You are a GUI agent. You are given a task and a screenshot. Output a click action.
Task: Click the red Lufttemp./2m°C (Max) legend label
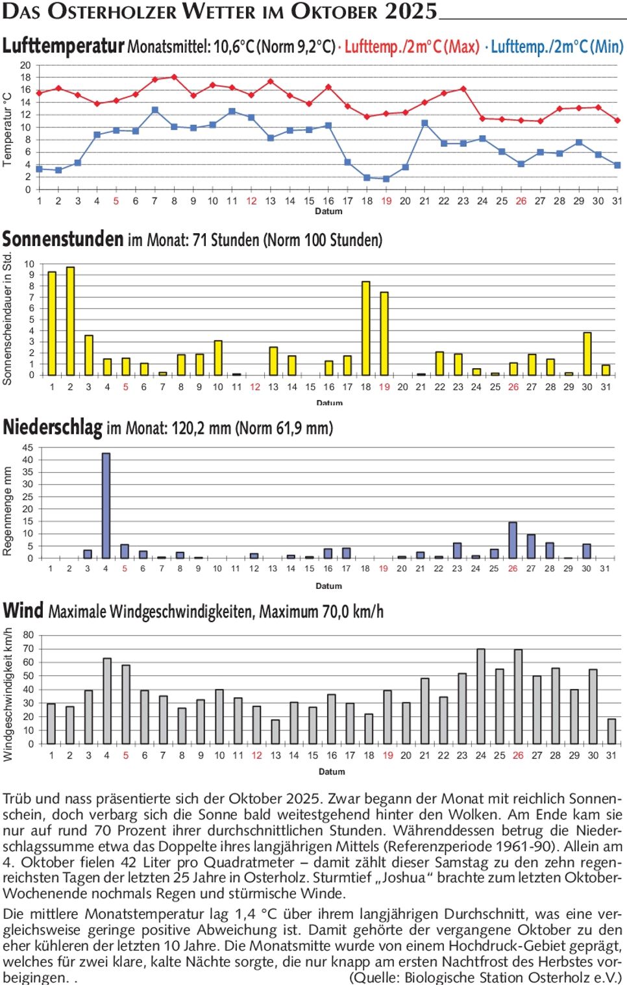(412, 47)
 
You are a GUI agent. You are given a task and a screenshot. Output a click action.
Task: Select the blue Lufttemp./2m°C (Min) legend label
(557, 47)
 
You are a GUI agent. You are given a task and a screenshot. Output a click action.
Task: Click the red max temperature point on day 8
(174, 77)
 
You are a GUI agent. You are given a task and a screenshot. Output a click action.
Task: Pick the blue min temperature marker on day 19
(386, 179)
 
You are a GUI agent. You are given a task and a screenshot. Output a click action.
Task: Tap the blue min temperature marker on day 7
(154, 110)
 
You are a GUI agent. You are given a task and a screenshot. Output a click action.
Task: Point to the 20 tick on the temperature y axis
(25, 65)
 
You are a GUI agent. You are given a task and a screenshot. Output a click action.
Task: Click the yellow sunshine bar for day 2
(70, 321)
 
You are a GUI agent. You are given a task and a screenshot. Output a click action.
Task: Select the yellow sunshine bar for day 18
(366, 329)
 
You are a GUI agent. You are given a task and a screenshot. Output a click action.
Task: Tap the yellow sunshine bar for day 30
(587, 354)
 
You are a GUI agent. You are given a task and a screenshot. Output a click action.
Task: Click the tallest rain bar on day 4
(106, 506)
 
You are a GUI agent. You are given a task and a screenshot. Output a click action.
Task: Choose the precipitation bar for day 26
(513, 540)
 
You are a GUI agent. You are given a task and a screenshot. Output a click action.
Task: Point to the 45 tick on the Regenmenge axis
(27, 447)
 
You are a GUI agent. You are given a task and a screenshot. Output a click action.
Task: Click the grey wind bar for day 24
(481, 697)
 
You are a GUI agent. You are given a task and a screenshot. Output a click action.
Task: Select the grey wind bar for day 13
(276, 732)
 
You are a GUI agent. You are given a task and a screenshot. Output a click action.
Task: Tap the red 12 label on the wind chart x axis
(257, 755)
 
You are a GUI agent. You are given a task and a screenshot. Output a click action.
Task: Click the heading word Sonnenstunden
(63, 240)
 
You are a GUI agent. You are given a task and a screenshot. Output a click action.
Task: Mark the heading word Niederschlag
(53, 428)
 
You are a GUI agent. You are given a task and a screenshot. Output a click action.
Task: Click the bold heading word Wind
(23, 611)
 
